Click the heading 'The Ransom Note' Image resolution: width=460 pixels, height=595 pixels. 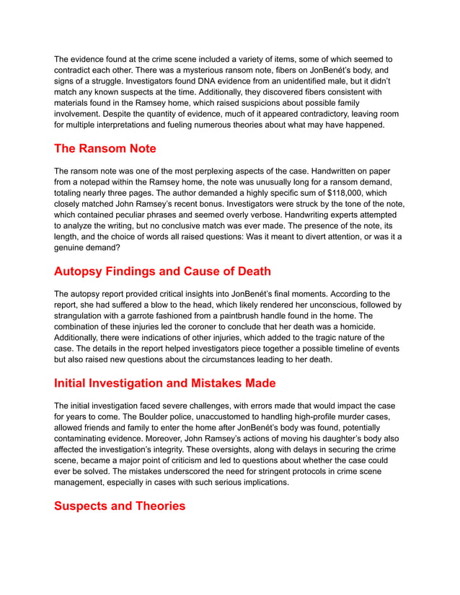coord(105,149)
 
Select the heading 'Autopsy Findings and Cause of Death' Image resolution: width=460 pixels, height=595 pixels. coord(162,272)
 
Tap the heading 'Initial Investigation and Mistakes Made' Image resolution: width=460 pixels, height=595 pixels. coord(164,382)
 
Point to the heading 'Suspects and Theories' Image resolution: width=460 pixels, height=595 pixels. coord(120,506)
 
